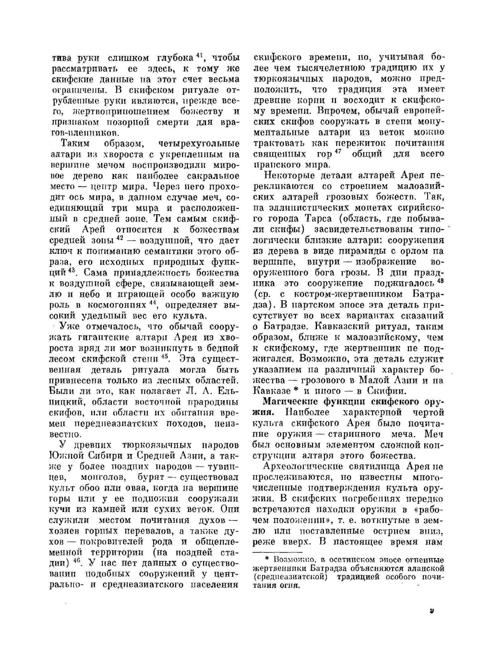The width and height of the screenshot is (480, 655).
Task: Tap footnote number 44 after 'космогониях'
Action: coord(153,302)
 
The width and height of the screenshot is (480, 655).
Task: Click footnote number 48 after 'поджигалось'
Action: coord(441,281)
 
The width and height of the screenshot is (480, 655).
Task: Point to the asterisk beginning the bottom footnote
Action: coord(267,559)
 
